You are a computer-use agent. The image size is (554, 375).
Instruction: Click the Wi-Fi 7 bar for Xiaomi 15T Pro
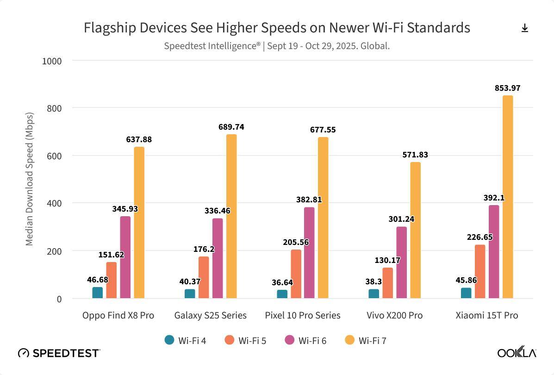click(508, 197)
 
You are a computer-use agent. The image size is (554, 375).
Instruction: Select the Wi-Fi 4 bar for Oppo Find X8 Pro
click(98, 293)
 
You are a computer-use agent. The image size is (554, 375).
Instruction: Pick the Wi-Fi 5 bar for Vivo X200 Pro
click(388, 283)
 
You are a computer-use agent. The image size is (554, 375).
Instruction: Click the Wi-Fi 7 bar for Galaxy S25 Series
click(231, 216)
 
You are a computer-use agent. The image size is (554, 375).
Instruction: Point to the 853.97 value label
click(508, 88)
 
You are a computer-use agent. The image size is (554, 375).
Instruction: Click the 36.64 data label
click(282, 282)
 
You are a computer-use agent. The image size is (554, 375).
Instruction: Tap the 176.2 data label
click(204, 249)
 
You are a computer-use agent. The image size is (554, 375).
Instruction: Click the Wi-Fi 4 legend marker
click(169, 340)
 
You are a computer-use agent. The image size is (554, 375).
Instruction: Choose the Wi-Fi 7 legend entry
click(366, 341)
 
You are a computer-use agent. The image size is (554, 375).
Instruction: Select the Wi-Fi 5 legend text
click(252, 341)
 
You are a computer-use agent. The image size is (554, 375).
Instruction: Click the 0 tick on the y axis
click(59, 299)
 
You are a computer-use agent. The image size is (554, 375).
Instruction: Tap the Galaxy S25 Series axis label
click(211, 315)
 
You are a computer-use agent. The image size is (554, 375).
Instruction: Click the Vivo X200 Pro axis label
click(395, 315)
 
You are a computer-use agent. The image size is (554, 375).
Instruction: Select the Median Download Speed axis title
click(29, 179)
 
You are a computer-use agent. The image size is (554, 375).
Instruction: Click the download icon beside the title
click(525, 28)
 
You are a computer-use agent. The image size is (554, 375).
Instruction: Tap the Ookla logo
click(517, 353)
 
